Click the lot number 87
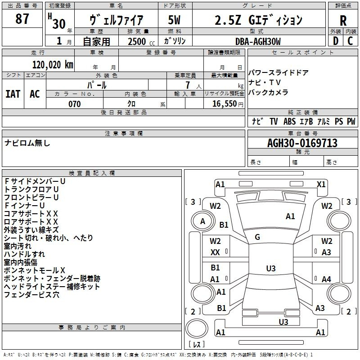click(22, 18)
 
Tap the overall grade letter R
click(343, 21)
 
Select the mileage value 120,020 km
click(53, 65)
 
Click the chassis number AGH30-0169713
click(302, 143)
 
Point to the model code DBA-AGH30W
click(258, 41)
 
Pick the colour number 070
click(75, 104)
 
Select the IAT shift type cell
click(13, 94)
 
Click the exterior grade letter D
click(336, 41)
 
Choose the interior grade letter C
click(350, 41)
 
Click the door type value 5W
click(174, 20)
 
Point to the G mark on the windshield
click(257, 237)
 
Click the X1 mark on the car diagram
click(321, 184)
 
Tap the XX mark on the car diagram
click(215, 252)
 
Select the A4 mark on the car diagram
click(326, 279)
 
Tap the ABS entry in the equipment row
click(289, 121)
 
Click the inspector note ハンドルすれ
click(24, 254)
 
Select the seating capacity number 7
click(188, 85)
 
